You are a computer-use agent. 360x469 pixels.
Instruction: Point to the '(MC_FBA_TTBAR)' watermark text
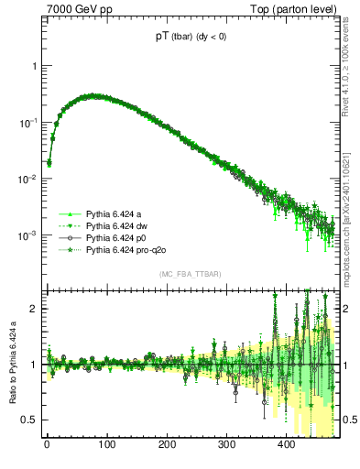(x=190, y=275)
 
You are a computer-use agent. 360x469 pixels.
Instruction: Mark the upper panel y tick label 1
(x=34, y=67)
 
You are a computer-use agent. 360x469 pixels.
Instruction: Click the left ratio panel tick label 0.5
(x=30, y=420)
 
